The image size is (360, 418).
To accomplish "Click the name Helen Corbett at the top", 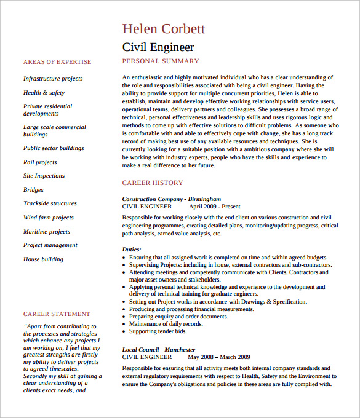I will coord(163,29).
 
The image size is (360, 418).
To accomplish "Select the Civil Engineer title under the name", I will coord(158,47).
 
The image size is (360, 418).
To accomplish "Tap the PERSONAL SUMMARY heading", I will coord(161,61).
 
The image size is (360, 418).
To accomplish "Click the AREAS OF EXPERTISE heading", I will coord(57,62).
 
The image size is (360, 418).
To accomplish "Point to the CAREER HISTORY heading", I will coord(153,183).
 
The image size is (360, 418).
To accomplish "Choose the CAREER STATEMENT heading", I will coord(57,314).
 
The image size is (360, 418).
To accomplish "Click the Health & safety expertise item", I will coord(44,93).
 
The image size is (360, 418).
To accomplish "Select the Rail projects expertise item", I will coord(40,162).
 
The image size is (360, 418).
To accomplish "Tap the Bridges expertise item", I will coord(33,190).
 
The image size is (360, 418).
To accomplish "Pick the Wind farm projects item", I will coord(49,218).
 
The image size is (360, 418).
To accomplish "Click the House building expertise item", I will coord(43,259).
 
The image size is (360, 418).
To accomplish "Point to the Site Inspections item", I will coord(44,176).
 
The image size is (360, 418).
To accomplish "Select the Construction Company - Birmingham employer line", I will coord(171,199).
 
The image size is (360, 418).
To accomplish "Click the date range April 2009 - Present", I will coord(214,207).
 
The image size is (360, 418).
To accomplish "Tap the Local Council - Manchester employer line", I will coord(159,349).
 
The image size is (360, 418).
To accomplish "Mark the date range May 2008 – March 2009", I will coord(219,357).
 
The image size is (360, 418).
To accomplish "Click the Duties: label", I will coord(132,249).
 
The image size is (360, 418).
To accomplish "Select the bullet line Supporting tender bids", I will coord(158,331).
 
